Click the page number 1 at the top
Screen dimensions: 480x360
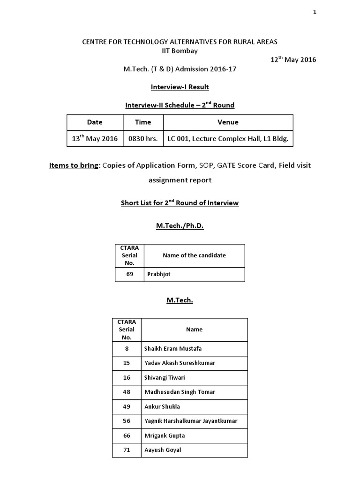click(315, 13)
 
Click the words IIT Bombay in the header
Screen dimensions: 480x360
click(180, 50)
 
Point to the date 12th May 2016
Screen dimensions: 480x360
click(293, 60)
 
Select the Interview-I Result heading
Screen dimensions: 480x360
click(180, 87)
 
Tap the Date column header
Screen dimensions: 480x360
click(95, 122)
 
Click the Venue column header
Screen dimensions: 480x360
click(228, 122)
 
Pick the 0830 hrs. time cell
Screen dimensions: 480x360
click(143, 139)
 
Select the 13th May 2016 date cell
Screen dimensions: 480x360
click(95, 139)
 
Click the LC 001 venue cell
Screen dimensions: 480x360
click(228, 139)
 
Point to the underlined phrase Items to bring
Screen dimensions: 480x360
click(74, 165)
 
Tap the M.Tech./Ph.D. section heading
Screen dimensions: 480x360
click(180, 226)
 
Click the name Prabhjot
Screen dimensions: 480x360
click(158, 274)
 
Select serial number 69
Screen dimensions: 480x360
click(130, 274)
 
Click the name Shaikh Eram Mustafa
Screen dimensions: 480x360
click(173, 348)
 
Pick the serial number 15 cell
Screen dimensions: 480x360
click(127, 363)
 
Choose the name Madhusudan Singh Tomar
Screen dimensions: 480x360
click(180, 392)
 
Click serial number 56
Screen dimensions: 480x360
click(127, 421)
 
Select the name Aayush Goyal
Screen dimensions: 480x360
click(163, 450)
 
